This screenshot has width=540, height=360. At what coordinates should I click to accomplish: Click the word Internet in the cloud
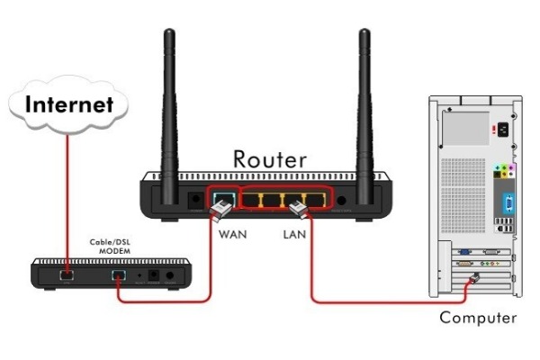[69, 103]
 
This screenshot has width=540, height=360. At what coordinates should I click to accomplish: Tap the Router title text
[269, 158]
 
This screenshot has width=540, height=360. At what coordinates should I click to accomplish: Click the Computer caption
[478, 318]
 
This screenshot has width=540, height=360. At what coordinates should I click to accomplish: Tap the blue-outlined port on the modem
[116, 272]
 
